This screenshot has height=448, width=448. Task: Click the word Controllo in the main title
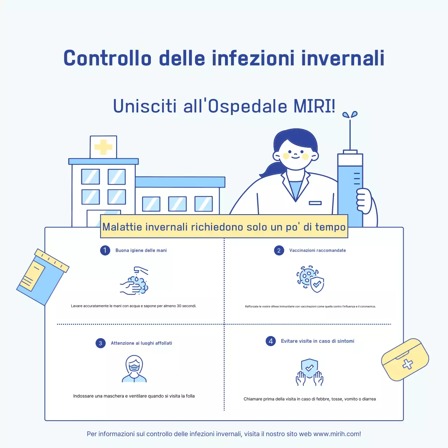click(107, 58)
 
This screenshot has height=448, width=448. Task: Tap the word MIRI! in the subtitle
click(314, 106)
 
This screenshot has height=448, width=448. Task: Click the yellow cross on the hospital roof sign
click(103, 147)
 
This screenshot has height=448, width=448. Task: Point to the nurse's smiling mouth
click(295, 157)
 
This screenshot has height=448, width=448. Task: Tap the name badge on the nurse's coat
click(315, 203)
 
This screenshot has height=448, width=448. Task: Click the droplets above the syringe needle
click(350, 114)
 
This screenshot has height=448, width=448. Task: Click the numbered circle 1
click(105, 250)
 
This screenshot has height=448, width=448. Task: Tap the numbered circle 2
click(279, 250)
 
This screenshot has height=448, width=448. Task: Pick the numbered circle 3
click(100, 343)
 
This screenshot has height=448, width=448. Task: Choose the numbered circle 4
click(271, 341)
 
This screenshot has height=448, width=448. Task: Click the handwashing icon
click(135, 281)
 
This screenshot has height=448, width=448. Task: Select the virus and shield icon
click(310, 279)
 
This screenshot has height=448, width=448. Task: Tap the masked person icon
click(134, 369)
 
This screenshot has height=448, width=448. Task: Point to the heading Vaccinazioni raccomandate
click(317, 250)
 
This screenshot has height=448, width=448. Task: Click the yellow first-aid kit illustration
click(405, 359)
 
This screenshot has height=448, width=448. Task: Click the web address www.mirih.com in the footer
click(336, 434)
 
